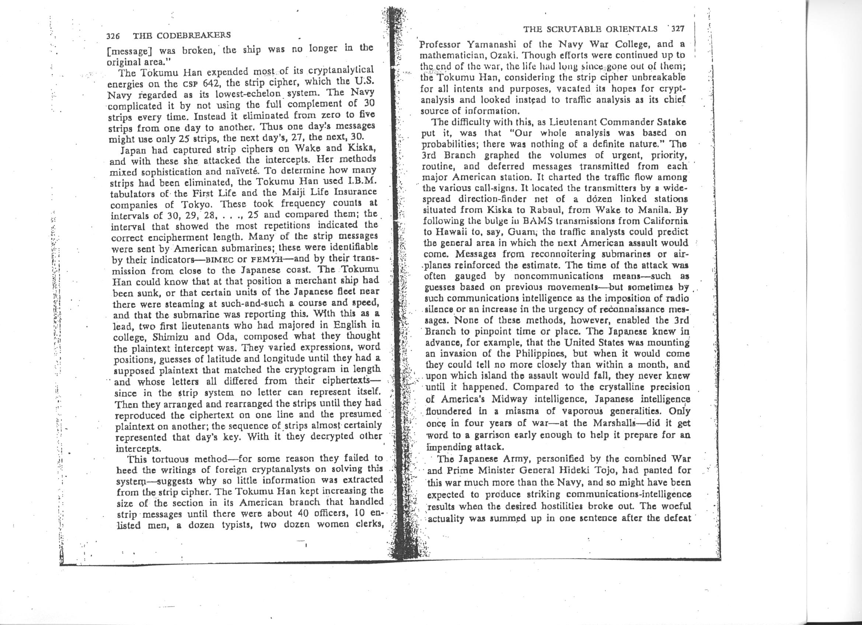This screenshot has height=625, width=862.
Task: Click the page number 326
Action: (x=113, y=36)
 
